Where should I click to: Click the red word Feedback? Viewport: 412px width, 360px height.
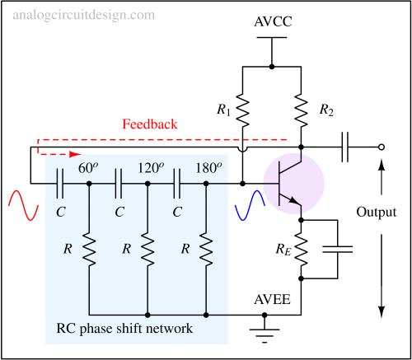(150, 124)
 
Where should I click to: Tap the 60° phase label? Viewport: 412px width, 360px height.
(88, 168)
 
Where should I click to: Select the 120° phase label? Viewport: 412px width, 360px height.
(151, 168)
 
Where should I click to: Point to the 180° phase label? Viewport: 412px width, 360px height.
(208, 168)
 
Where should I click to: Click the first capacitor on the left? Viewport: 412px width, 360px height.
(60, 185)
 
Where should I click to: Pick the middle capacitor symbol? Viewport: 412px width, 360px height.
(118, 185)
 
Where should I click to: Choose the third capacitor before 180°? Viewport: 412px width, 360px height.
(176, 185)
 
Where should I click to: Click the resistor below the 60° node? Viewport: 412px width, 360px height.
(89, 248)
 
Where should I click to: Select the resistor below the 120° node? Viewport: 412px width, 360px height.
(147, 248)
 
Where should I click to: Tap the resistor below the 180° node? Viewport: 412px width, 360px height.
(206, 248)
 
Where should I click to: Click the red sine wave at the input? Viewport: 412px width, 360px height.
(23, 205)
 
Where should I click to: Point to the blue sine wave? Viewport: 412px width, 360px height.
(249, 205)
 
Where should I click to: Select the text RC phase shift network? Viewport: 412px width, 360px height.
(124, 329)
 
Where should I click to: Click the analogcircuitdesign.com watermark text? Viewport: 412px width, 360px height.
(83, 15)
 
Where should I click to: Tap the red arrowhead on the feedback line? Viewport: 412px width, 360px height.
(75, 153)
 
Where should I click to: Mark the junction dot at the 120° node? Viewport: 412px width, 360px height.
(147, 185)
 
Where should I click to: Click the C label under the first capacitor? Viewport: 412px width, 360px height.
(61, 212)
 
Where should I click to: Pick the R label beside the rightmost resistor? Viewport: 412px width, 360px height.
(185, 247)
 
